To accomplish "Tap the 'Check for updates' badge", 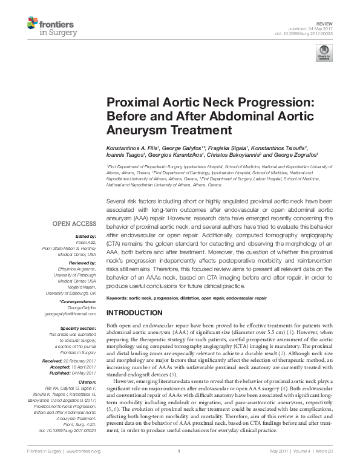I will click(323, 55).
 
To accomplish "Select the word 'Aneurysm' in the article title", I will click(133, 130).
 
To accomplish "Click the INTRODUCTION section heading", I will click(134, 313).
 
